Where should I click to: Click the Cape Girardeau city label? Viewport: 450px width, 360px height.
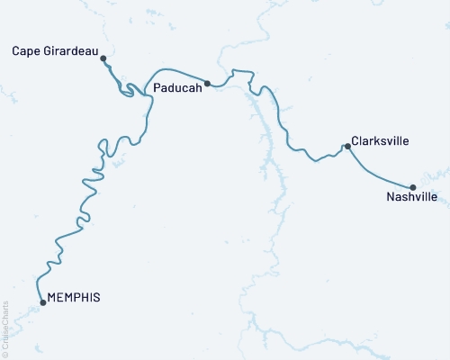[x=55, y=50]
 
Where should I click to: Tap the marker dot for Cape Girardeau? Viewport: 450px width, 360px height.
[x=103, y=58]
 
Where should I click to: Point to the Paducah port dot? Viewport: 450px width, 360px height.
[x=208, y=84]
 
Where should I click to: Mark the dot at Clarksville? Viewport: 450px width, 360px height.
[x=346, y=146]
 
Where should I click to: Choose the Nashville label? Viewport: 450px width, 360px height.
[x=411, y=196]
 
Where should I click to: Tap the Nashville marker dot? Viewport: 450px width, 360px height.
[x=412, y=187]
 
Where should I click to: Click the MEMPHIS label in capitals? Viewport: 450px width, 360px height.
[x=73, y=297]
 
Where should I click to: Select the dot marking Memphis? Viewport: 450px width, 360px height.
[x=43, y=302]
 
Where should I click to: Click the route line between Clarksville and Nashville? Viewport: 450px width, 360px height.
[x=378, y=170]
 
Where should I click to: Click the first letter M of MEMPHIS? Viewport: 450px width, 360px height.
[x=51, y=297]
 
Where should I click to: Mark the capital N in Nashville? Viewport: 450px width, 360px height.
[x=389, y=196]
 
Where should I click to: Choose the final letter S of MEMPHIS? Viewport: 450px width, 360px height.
[x=96, y=297]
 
